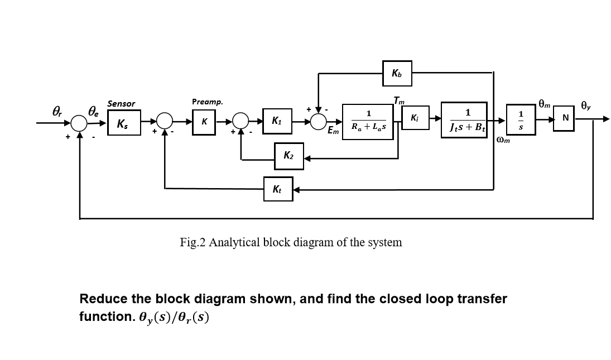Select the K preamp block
[x=204, y=121]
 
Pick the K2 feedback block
[x=289, y=156]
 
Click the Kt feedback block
[x=277, y=190]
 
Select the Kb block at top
[x=397, y=73]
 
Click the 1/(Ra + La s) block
[x=368, y=121]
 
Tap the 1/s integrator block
[x=521, y=119]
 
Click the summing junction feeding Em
[x=318, y=120]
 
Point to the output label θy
[x=585, y=104]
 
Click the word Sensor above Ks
[x=121, y=103]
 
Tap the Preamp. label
[x=207, y=102]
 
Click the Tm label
[x=398, y=101]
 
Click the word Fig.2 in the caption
[x=193, y=242]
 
